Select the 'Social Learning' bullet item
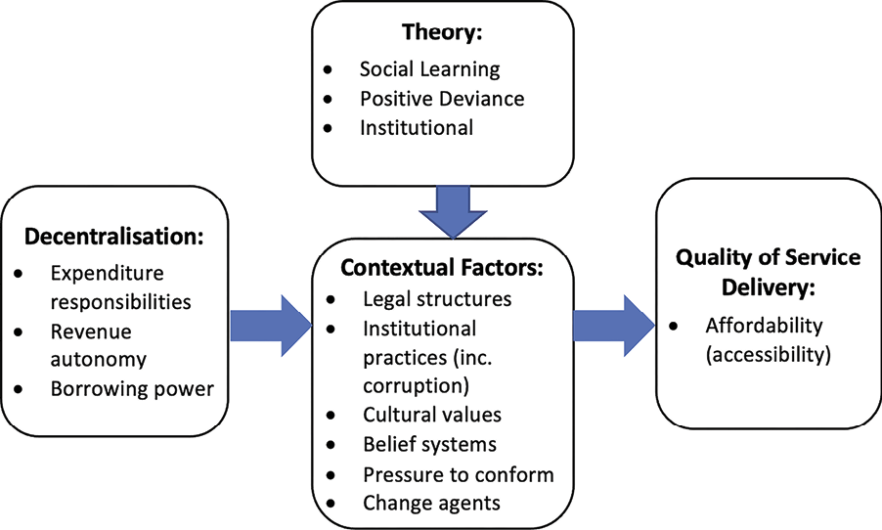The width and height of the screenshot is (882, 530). pyautogui.click(x=429, y=68)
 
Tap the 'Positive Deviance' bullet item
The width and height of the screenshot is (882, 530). pyautogui.click(x=441, y=98)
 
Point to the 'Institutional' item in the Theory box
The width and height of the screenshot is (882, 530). pyautogui.click(x=416, y=127)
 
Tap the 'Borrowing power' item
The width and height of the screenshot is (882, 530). pyautogui.click(x=131, y=389)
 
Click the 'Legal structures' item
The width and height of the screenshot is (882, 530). pyautogui.click(x=435, y=298)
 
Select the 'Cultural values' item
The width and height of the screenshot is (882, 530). pyautogui.click(x=431, y=415)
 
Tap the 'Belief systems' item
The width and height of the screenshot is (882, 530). pyautogui.click(x=428, y=444)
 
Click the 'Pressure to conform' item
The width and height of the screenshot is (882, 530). pyautogui.click(x=457, y=474)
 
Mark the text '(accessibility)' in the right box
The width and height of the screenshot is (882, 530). pyautogui.click(x=768, y=355)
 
